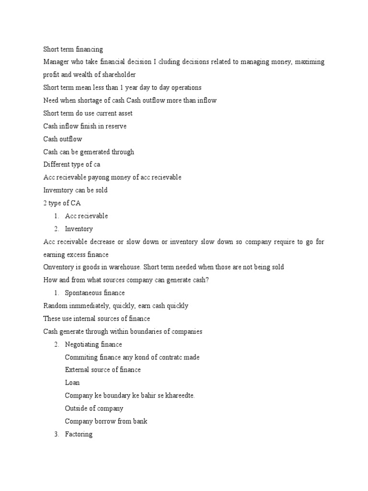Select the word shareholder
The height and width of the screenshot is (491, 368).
pyautogui.click(x=118, y=75)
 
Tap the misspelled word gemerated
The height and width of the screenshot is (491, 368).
pyautogui.click(x=92, y=152)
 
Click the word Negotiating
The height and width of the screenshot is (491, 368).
pyautogui.click(x=83, y=344)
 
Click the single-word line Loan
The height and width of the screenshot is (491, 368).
pyautogui.click(x=72, y=383)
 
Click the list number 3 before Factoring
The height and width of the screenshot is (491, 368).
pyautogui.click(x=56, y=434)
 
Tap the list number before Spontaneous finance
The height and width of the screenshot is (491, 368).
pyautogui.click(x=56, y=293)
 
